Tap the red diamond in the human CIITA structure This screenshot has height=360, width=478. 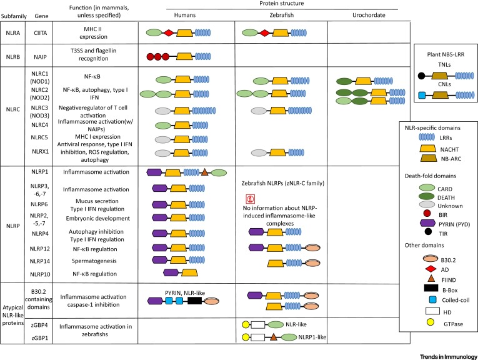pyautogui.click(x=167, y=32)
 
